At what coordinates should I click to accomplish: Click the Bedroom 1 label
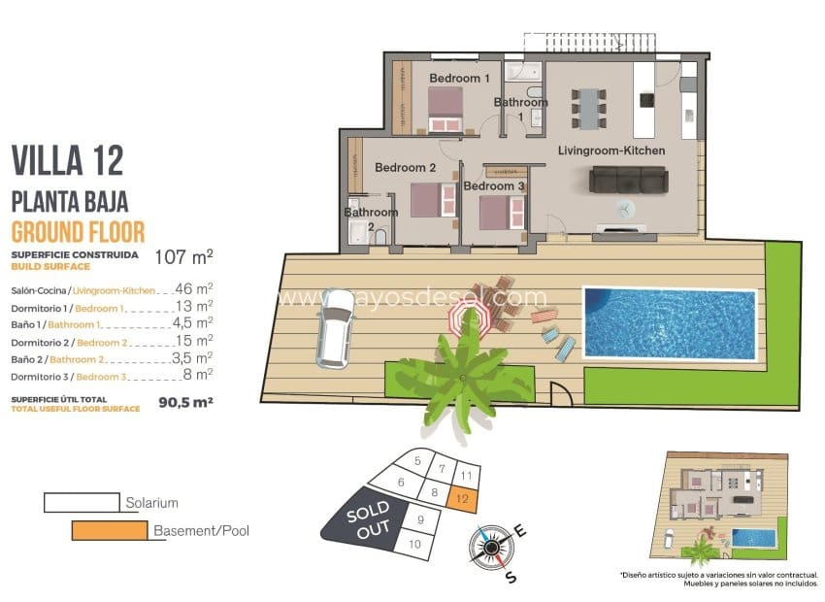[x=459, y=78]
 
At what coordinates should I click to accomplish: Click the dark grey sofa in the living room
[x=629, y=180]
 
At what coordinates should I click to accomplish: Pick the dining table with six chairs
[x=588, y=108]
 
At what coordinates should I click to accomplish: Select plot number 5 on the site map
[x=416, y=461]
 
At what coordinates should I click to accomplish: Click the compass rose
[x=493, y=547]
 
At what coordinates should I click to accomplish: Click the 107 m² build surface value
[x=184, y=257]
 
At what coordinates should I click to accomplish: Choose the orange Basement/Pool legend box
[x=110, y=530]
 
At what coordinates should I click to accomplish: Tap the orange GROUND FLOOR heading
[x=78, y=231]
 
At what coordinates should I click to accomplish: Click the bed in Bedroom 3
[x=496, y=212]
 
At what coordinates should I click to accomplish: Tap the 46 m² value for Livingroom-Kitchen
[x=195, y=288]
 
